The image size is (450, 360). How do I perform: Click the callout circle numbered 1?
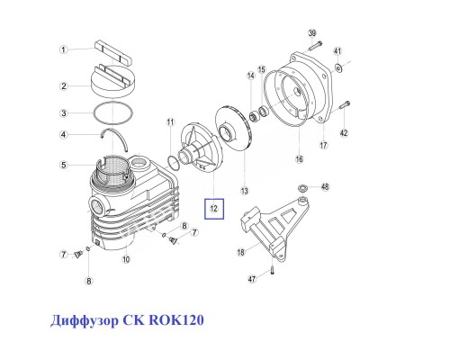click(64, 49)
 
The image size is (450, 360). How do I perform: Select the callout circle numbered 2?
click(64, 86)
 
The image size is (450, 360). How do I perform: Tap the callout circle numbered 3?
click(64, 113)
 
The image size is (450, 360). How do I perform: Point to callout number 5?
click(64, 165)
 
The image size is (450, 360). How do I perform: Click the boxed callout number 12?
click(214, 210)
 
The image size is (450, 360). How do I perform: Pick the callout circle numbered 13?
click(243, 191)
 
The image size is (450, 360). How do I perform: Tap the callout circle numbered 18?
click(241, 253)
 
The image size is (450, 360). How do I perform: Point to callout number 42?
click(344, 134)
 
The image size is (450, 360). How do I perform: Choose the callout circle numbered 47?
click(253, 280)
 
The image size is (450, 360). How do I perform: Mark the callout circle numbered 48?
click(326, 187)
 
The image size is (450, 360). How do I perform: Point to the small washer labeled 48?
click(303, 187)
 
